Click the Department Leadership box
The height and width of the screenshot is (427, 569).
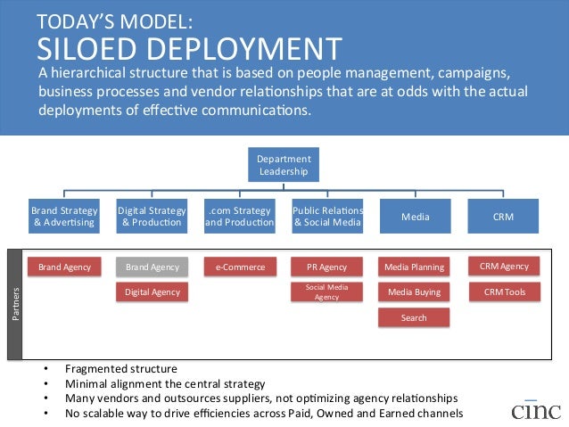tap(284, 165)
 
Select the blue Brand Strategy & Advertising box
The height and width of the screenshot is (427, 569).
tap(63, 216)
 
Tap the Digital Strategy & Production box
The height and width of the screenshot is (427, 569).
tap(152, 216)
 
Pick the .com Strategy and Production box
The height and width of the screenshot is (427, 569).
tap(239, 216)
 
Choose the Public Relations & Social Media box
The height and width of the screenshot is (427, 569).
tap(327, 216)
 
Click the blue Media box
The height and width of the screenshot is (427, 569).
tap(415, 216)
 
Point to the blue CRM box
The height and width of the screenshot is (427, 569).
tap(503, 216)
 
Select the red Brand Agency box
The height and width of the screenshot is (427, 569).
tap(63, 267)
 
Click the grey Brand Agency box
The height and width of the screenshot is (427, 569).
tap(152, 267)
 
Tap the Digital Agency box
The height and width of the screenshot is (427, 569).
tap(152, 292)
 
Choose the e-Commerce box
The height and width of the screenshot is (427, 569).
tap(239, 267)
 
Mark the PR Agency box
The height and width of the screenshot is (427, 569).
tap(327, 267)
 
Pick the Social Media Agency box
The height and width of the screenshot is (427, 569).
tap(327, 292)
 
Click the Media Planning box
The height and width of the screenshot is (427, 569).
tap(415, 267)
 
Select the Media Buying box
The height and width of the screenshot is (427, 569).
tap(415, 292)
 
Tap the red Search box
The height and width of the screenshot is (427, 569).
tap(415, 317)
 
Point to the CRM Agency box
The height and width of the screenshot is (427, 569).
tap(504, 266)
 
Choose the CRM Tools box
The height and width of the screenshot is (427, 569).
tap(504, 292)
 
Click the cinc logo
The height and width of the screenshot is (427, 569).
tap(536, 409)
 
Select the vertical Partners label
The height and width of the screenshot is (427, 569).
tap(15, 304)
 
